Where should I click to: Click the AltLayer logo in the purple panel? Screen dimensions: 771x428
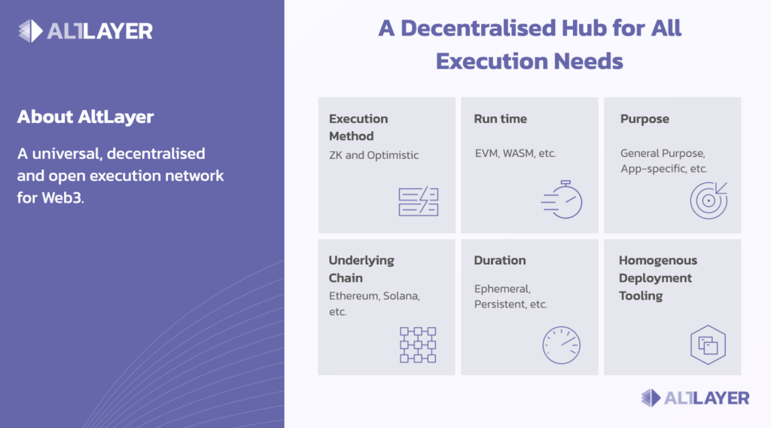point(85,31)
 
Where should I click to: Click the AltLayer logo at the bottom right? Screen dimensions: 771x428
point(695,398)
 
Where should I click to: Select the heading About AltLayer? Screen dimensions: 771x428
point(86,117)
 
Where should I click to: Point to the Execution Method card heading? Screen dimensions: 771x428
point(358,127)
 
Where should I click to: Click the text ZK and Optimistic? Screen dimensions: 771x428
point(373,155)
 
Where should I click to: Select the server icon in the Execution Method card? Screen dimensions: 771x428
point(419,201)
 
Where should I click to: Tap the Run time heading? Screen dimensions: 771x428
point(500,118)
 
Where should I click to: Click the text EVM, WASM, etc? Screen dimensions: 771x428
point(515,154)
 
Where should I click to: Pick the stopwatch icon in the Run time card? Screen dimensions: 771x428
point(562,199)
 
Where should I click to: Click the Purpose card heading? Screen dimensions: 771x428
point(645,119)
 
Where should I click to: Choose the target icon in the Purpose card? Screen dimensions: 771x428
point(708,200)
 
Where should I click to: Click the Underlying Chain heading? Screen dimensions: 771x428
point(361,268)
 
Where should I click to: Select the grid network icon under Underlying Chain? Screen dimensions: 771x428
point(418,345)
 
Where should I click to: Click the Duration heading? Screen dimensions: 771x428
point(500,260)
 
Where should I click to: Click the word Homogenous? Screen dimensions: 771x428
point(658,260)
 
